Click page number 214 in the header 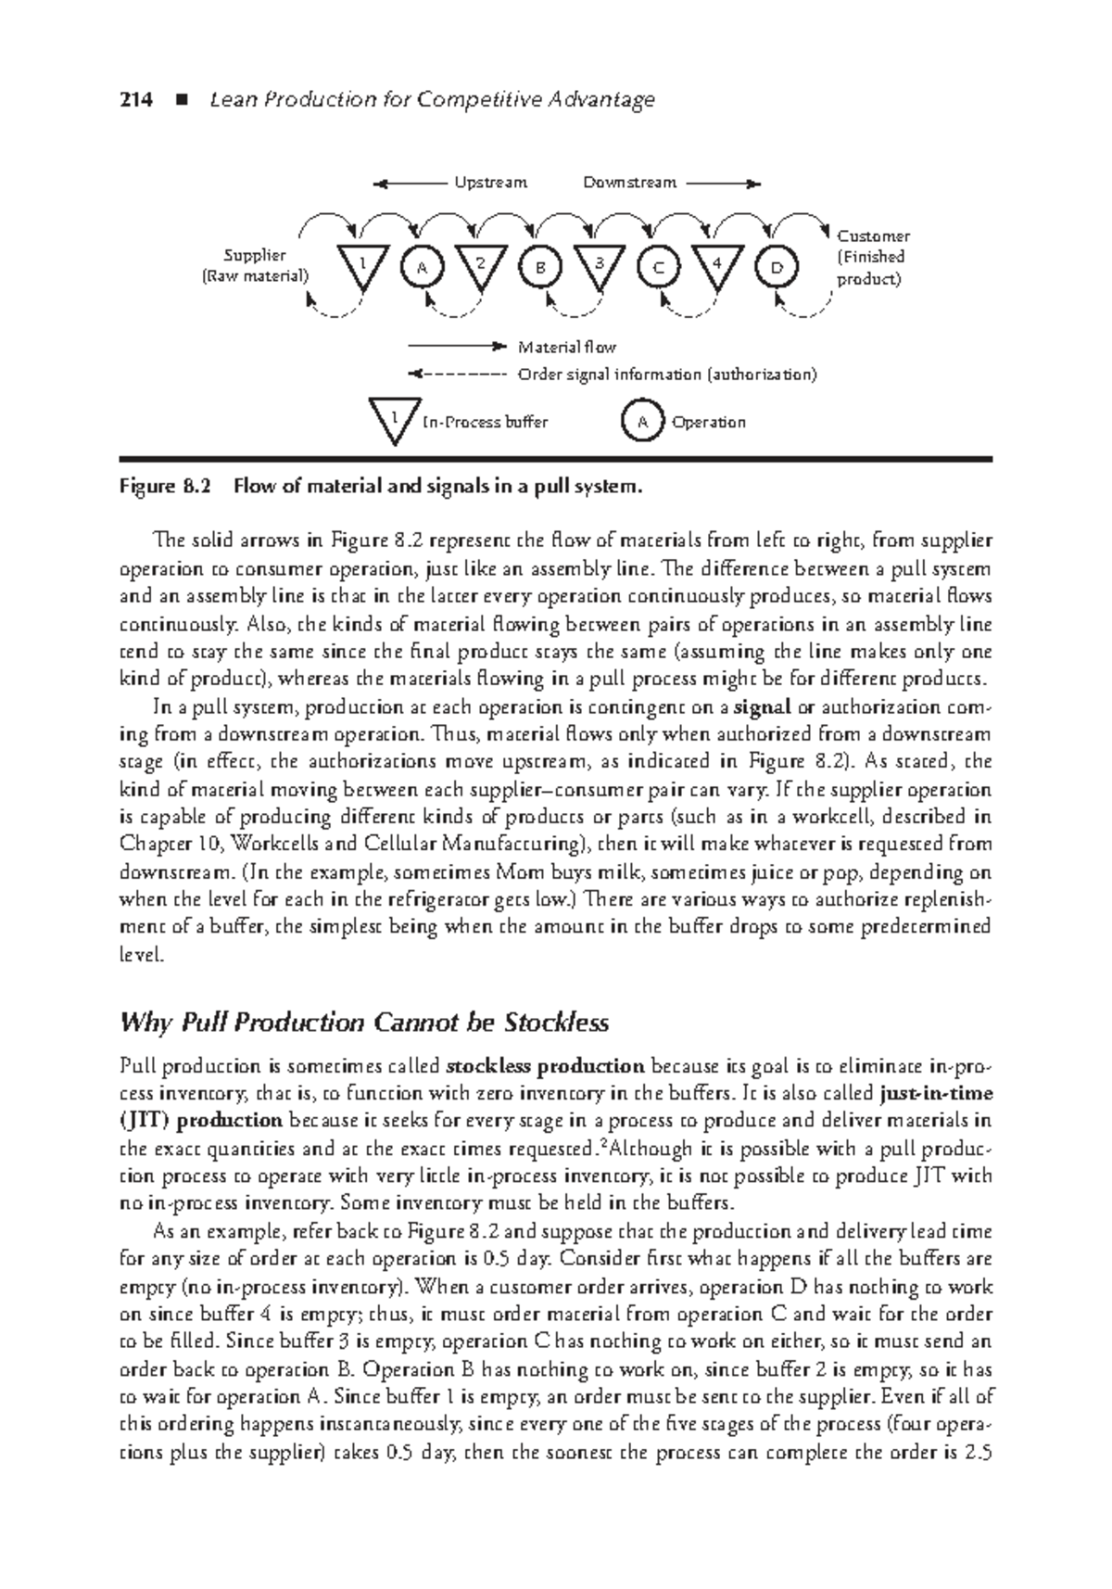pos(136,100)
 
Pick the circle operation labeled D pos(777,267)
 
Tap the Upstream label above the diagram pos(490,183)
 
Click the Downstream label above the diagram pos(629,183)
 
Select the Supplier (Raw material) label pos(255,265)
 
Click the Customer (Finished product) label pos(873,257)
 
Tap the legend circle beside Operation pos(641,422)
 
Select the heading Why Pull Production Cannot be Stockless pos(364,1023)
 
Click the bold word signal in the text pos(762,707)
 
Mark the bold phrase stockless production pos(545,1066)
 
